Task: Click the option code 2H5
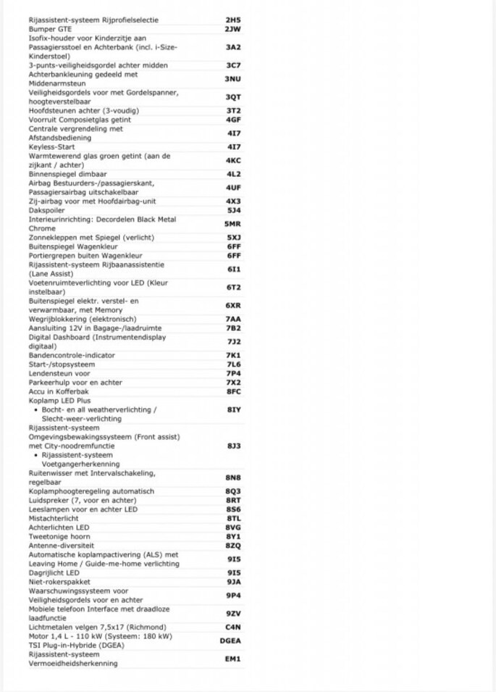[232, 20]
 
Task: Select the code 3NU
[232, 79]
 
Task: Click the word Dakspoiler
[46, 210]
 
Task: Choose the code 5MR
[232, 224]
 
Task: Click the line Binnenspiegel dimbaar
[67, 174]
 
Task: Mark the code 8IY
[233, 409]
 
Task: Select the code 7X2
[233, 382]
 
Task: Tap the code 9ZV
[233, 614]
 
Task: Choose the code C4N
[233, 627]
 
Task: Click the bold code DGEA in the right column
[231, 641]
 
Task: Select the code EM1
[233, 659]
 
